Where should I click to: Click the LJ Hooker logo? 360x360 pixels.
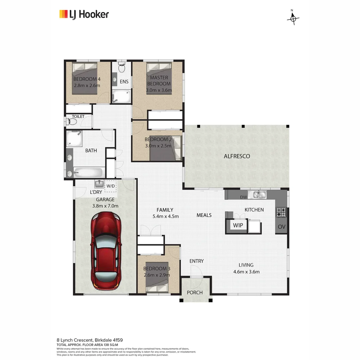pyautogui.click(x=84, y=14)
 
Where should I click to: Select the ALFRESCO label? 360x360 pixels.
pyautogui.click(x=237, y=156)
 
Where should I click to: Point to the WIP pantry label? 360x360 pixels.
pyautogui.click(x=238, y=225)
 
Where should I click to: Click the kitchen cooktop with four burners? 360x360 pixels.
pyautogui.click(x=281, y=212)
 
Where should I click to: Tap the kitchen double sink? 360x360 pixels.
pyautogui.click(x=257, y=195)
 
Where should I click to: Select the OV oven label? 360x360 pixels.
pyautogui.click(x=281, y=227)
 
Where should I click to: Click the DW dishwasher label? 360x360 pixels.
pyautogui.click(x=243, y=197)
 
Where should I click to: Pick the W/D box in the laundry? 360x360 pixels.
pyautogui.click(x=110, y=186)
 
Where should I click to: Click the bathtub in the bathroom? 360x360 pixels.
pyautogui.click(x=88, y=173)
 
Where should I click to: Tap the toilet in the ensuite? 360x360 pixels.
pyautogui.click(x=122, y=67)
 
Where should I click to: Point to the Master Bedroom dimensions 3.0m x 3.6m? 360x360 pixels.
pyautogui.click(x=159, y=90)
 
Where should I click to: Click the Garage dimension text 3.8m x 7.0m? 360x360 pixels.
pyautogui.click(x=105, y=206)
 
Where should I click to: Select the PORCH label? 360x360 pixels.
pyautogui.click(x=195, y=293)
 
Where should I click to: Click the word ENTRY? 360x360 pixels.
pyautogui.click(x=196, y=261)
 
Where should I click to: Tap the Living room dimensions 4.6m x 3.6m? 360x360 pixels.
pyautogui.click(x=246, y=272)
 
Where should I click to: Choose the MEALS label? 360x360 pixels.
pyautogui.click(x=204, y=215)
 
